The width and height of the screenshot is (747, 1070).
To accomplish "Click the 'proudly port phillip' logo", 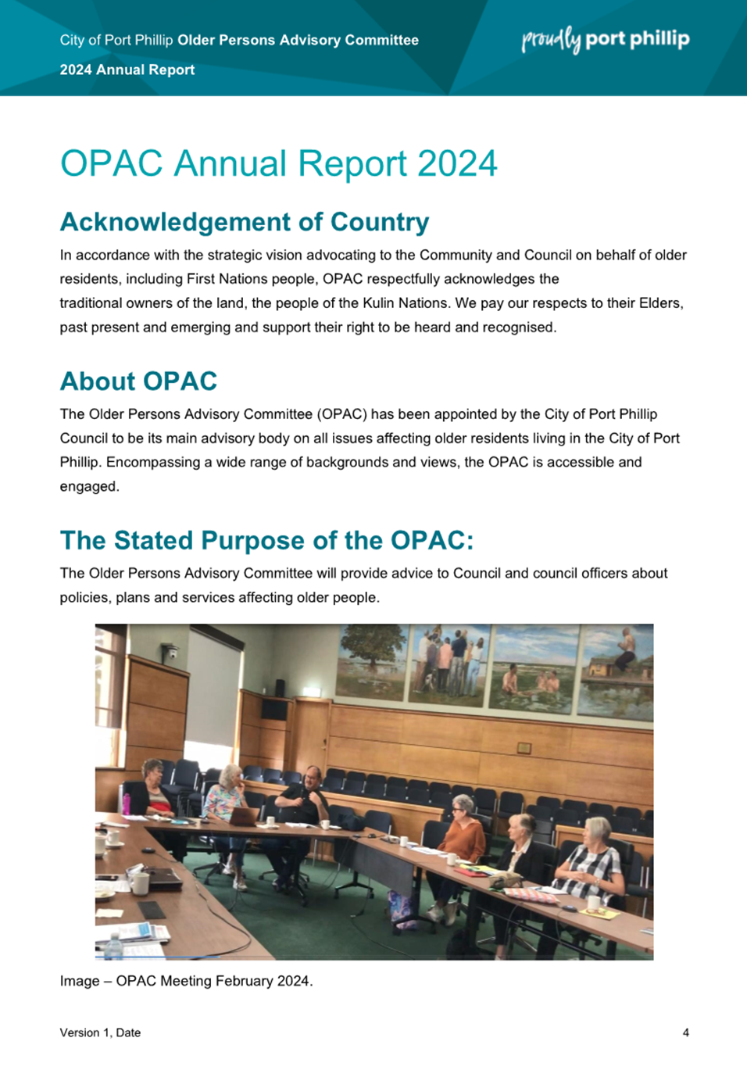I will [606, 39].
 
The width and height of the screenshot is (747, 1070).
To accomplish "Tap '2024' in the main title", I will [457, 164].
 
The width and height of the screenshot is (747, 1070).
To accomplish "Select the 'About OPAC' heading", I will [138, 381].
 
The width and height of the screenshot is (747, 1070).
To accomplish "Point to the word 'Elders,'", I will [661, 303].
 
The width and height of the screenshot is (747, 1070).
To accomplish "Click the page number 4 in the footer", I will [685, 1032].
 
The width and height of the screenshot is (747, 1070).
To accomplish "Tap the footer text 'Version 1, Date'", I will [100, 1032].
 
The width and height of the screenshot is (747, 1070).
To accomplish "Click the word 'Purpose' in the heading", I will [270, 541].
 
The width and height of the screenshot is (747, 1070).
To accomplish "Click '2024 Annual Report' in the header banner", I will [127, 70].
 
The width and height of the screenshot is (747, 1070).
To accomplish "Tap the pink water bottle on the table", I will [126, 803].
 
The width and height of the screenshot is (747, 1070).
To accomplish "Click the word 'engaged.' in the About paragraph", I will [89, 486].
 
